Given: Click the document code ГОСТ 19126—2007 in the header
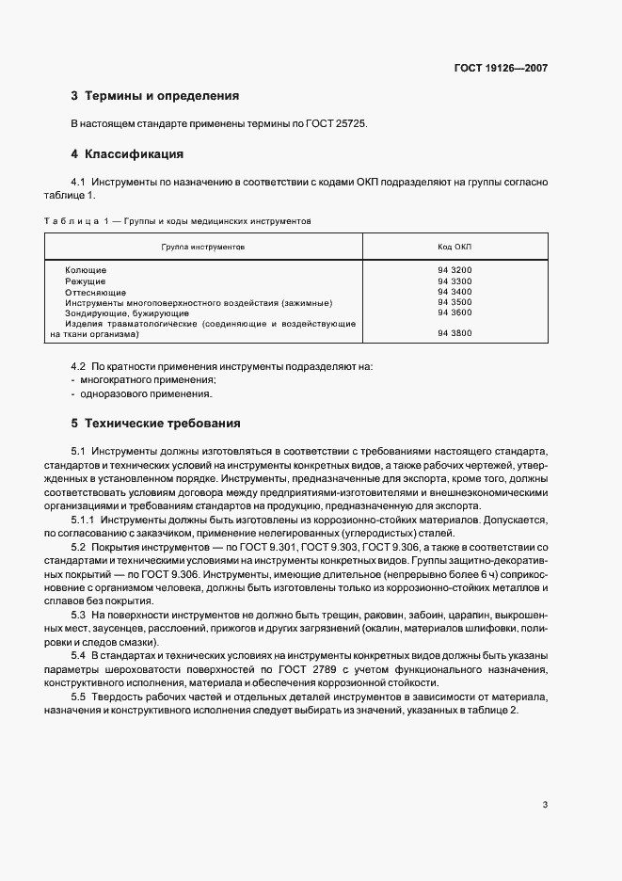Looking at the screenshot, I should point(501,68).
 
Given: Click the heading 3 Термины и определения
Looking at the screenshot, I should point(155,96).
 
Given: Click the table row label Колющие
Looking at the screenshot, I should point(86,270).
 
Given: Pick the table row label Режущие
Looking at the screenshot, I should point(86,280).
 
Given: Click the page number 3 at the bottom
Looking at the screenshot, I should point(545,805).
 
